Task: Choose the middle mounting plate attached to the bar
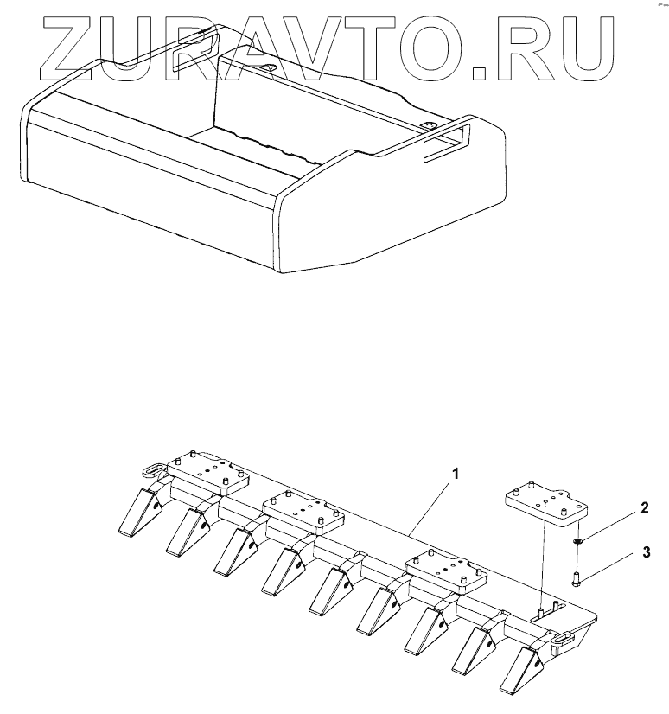pyautogui.click(x=303, y=514)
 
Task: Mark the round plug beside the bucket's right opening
pyautogui.click(x=430, y=126)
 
